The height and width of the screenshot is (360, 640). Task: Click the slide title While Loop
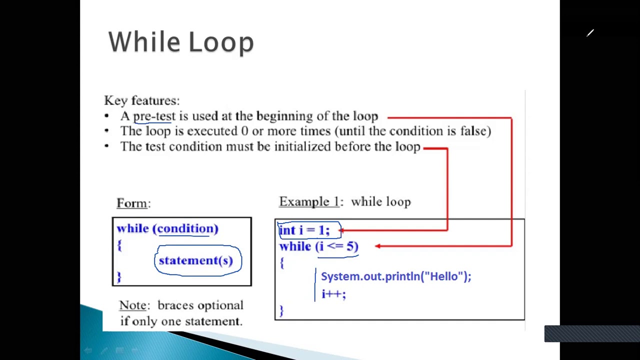click(x=181, y=42)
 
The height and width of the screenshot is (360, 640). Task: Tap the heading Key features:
click(x=141, y=101)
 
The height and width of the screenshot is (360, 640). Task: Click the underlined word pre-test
click(x=154, y=116)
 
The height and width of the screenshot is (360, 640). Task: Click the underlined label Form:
click(x=133, y=203)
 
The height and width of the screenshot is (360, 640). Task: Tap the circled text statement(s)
click(x=196, y=260)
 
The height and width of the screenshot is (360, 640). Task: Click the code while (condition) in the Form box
click(x=167, y=228)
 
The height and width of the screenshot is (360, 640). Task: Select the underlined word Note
click(x=133, y=305)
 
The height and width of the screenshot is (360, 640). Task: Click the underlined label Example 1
click(x=309, y=202)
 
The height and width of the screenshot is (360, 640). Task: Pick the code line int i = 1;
click(x=304, y=230)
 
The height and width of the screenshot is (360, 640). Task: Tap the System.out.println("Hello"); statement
click(x=395, y=276)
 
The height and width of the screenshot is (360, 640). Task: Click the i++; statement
click(x=333, y=294)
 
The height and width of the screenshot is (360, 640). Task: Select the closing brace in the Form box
click(x=119, y=276)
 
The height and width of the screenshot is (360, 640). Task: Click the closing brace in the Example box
click(x=281, y=310)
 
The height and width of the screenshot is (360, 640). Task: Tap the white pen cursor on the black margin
click(x=590, y=33)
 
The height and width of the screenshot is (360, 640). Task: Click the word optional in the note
click(x=220, y=305)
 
